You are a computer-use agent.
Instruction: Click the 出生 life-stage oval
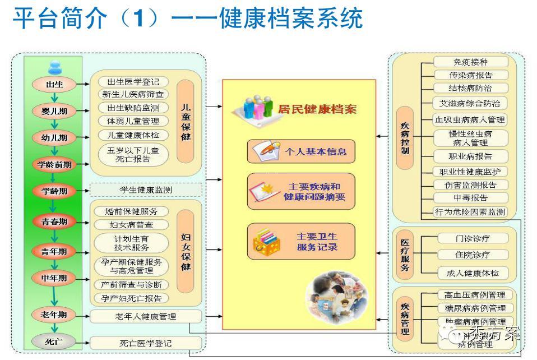54,84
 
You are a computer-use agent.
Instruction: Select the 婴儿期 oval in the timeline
54,110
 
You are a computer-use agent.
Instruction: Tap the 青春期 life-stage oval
54,221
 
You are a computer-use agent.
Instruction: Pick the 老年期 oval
54,315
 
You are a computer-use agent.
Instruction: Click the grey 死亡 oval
54,341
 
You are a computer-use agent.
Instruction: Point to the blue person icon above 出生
54,67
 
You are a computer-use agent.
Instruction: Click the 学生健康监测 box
145,190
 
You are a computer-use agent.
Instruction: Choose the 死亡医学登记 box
145,343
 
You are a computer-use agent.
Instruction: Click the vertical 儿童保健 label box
186,121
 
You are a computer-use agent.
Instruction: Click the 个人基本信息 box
301,151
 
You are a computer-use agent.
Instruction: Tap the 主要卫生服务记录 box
301,241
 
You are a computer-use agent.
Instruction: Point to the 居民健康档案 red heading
317,109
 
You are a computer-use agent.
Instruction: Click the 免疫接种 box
471,62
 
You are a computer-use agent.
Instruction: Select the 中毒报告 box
471,197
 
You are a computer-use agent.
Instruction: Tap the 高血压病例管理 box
474,295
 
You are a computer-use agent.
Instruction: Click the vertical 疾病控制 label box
405,138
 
